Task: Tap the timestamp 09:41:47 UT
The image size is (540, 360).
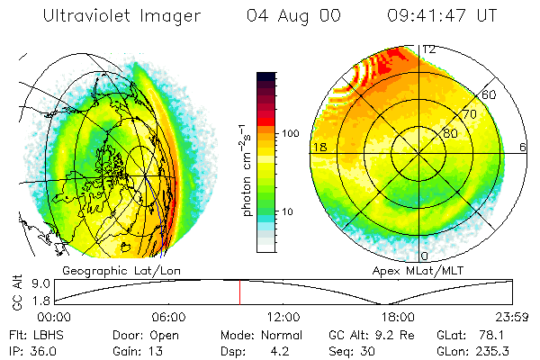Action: pyautogui.click(x=445, y=16)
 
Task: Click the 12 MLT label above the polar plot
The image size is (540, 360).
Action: pyautogui.click(x=429, y=49)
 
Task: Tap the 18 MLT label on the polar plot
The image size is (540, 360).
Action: pyautogui.click(x=319, y=147)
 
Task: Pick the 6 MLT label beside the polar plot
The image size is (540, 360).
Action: pyautogui.click(x=523, y=147)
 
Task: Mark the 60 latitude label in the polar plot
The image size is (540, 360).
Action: pyautogui.click(x=489, y=94)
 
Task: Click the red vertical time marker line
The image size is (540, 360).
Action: pyautogui.click(x=239, y=292)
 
